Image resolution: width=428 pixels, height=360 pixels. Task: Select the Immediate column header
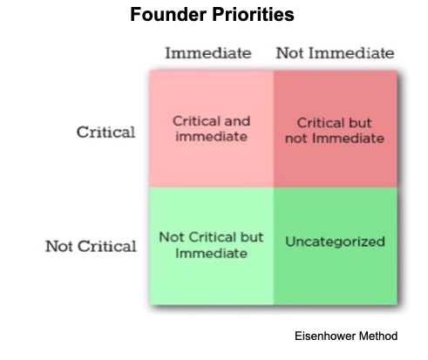(208, 53)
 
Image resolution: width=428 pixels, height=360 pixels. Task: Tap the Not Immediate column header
(335, 53)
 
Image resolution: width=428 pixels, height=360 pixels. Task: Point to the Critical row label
(105, 132)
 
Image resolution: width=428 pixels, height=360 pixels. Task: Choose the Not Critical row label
(91, 247)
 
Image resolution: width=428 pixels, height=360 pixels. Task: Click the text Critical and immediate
(211, 129)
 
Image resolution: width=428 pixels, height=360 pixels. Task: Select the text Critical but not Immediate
(335, 131)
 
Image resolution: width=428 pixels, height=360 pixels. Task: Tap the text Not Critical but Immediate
(211, 245)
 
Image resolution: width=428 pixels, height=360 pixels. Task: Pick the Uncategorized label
(335, 241)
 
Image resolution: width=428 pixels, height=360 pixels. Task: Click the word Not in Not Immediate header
(290, 53)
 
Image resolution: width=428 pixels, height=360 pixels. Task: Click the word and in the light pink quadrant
(237, 121)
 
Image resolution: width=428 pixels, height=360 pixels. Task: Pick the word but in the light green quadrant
(252, 237)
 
